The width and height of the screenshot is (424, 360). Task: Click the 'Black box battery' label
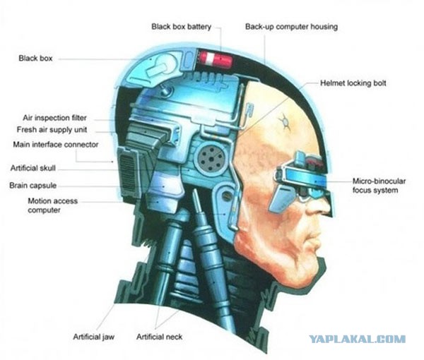click(x=181, y=27)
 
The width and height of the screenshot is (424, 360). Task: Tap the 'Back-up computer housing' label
click(x=291, y=27)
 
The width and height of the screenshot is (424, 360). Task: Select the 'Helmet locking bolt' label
click(x=353, y=83)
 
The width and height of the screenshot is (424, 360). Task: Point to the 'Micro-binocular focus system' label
click(x=379, y=186)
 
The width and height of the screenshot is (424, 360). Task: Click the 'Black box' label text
click(x=35, y=59)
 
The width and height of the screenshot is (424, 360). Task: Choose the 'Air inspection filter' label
click(x=54, y=118)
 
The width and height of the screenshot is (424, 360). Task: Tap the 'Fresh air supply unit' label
click(x=52, y=130)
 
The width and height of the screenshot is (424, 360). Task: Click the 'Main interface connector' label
click(x=56, y=145)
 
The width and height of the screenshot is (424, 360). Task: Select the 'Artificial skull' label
click(x=33, y=168)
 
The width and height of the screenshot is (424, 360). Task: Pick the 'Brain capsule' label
click(x=33, y=186)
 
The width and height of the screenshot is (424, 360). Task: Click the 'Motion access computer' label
click(x=52, y=205)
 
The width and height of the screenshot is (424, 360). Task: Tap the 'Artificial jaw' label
click(x=93, y=337)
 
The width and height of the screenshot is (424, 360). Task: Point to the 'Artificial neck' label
click(x=159, y=337)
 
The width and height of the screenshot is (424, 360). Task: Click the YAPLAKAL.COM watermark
click(x=357, y=339)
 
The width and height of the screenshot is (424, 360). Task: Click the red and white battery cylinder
click(x=216, y=59)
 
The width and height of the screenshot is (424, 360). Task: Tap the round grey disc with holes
click(x=211, y=157)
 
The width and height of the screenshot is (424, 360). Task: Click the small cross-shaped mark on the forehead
click(x=284, y=121)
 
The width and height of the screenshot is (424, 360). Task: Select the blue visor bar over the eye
click(x=303, y=175)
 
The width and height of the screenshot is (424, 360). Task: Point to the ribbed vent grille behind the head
click(x=127, y=172)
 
